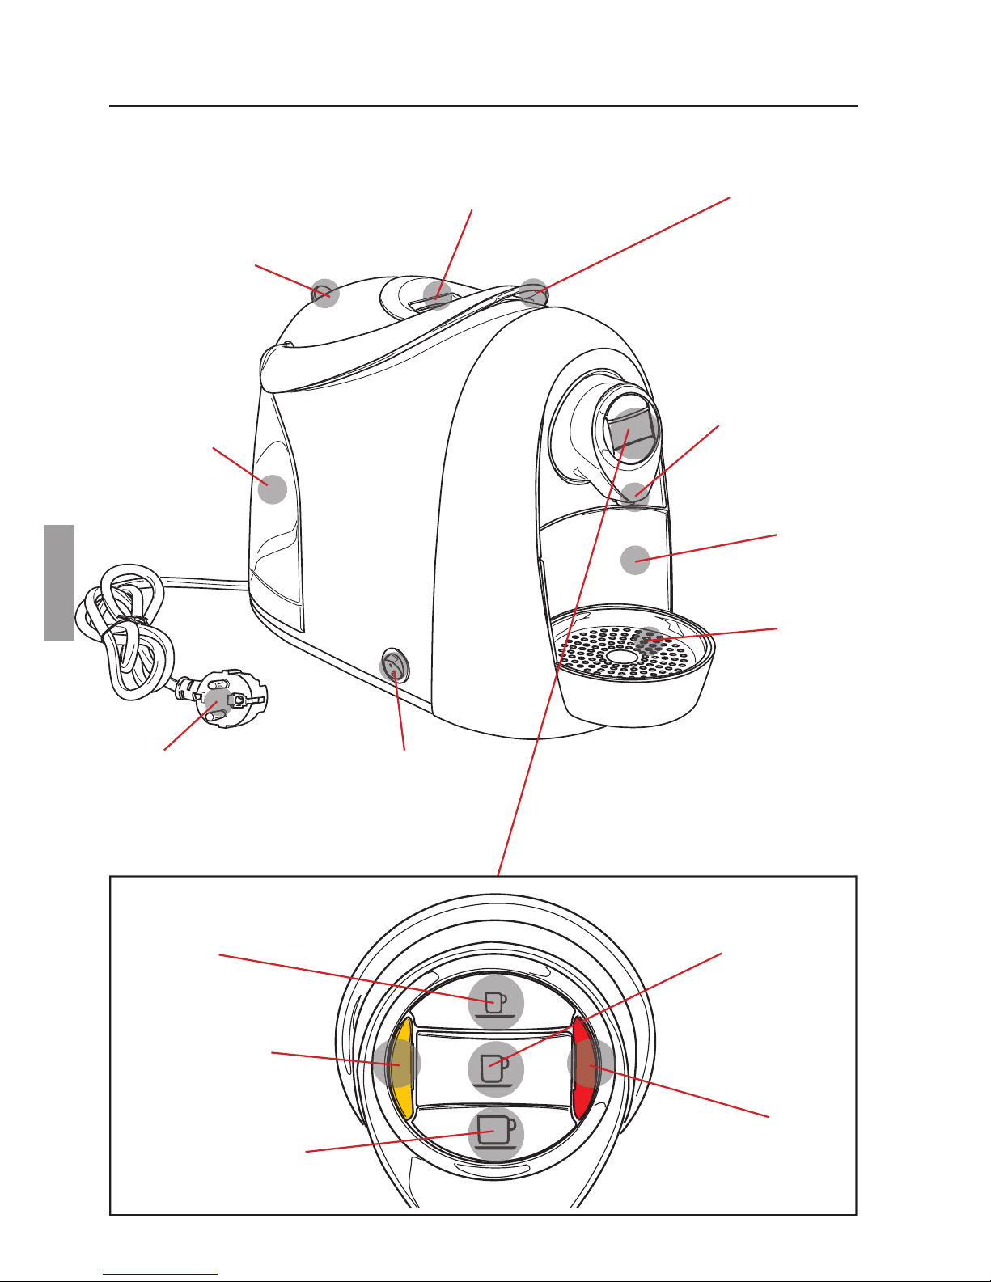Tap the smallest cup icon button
496,1003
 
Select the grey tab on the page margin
59,582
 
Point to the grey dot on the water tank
273,489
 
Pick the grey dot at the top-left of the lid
325,294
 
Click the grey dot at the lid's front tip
534,292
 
